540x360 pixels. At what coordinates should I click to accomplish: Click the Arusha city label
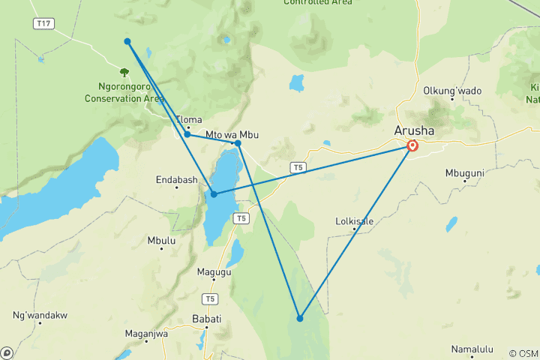[x=414, y=130]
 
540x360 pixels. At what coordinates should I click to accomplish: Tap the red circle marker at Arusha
[x=412, y=145]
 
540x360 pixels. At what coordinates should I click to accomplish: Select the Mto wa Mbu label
[x=232, y=134]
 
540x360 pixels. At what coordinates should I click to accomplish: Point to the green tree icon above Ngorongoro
[x=124, y=73]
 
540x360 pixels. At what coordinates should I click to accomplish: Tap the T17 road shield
[x=44, y=24]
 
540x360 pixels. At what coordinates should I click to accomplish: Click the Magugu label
[x=214, y=272]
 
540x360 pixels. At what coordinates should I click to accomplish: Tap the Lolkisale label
[x=354, y=221]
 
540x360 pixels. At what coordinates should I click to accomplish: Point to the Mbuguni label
[x=466, y=172]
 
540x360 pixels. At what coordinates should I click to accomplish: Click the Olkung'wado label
[x=453, y=91]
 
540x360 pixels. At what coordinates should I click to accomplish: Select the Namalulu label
[x=472, y=349]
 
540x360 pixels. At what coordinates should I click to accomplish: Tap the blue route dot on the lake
[x=214, y=194]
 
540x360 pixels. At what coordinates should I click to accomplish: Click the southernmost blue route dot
[x=300, y=319]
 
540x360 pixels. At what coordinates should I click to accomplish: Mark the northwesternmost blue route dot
[x=127, y=41]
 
